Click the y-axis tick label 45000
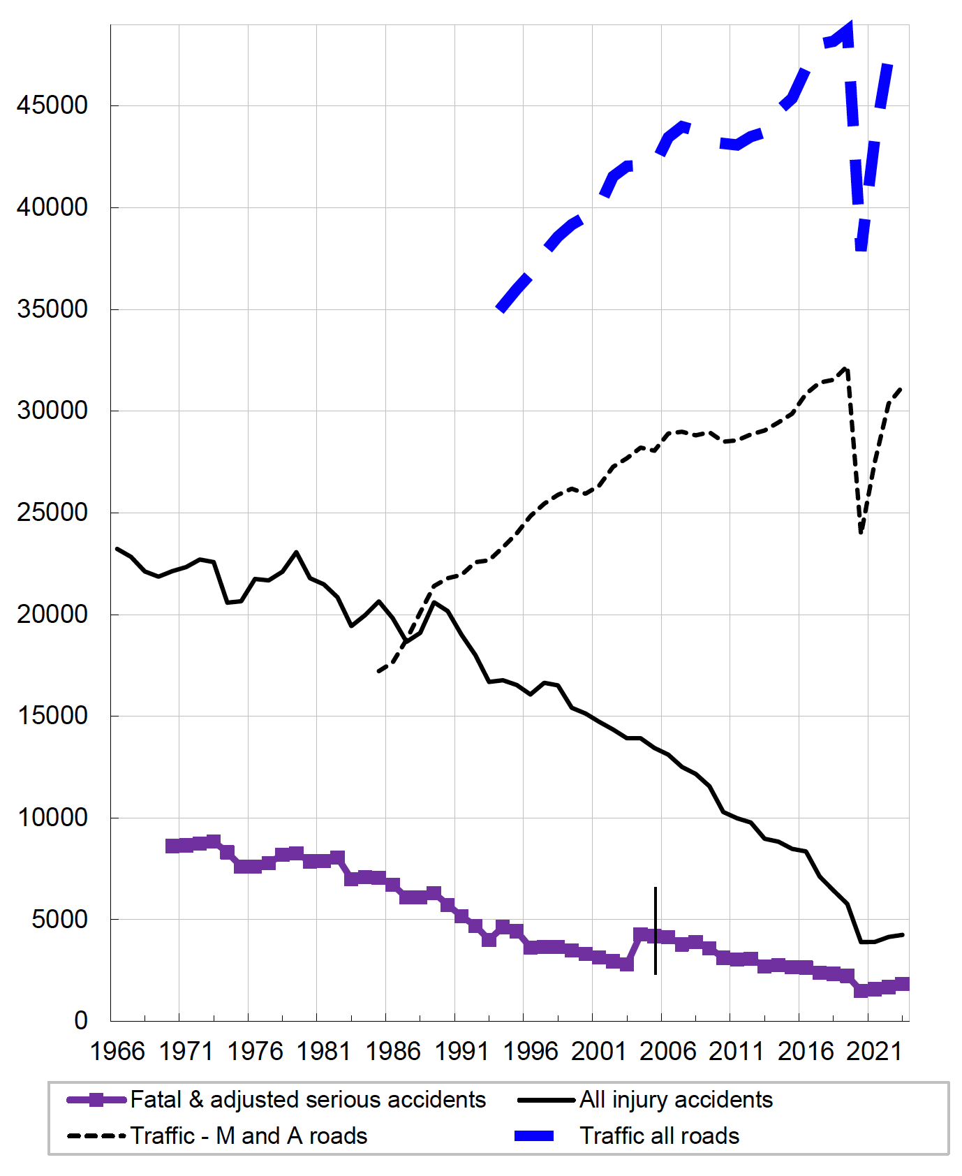click(52, 105)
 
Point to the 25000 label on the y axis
click(52, 513)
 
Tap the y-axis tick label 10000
click(52, 818)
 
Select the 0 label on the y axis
click(81, 1021)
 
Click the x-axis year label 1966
click(117, 1052)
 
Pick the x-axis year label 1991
click(461, 1052)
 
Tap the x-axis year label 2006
click(668, 1052)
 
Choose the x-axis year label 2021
click(875, 1052)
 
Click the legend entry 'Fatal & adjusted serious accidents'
click(308, 1100)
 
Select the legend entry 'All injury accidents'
click(676, 1100)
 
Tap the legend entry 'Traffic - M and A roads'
click(249, 1136)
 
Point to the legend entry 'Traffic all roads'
click(659, 1136)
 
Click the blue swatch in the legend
click(534, 1136)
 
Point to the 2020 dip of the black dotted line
click(861, 533)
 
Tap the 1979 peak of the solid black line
click(297, 552)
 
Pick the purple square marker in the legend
click(97, 1100)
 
